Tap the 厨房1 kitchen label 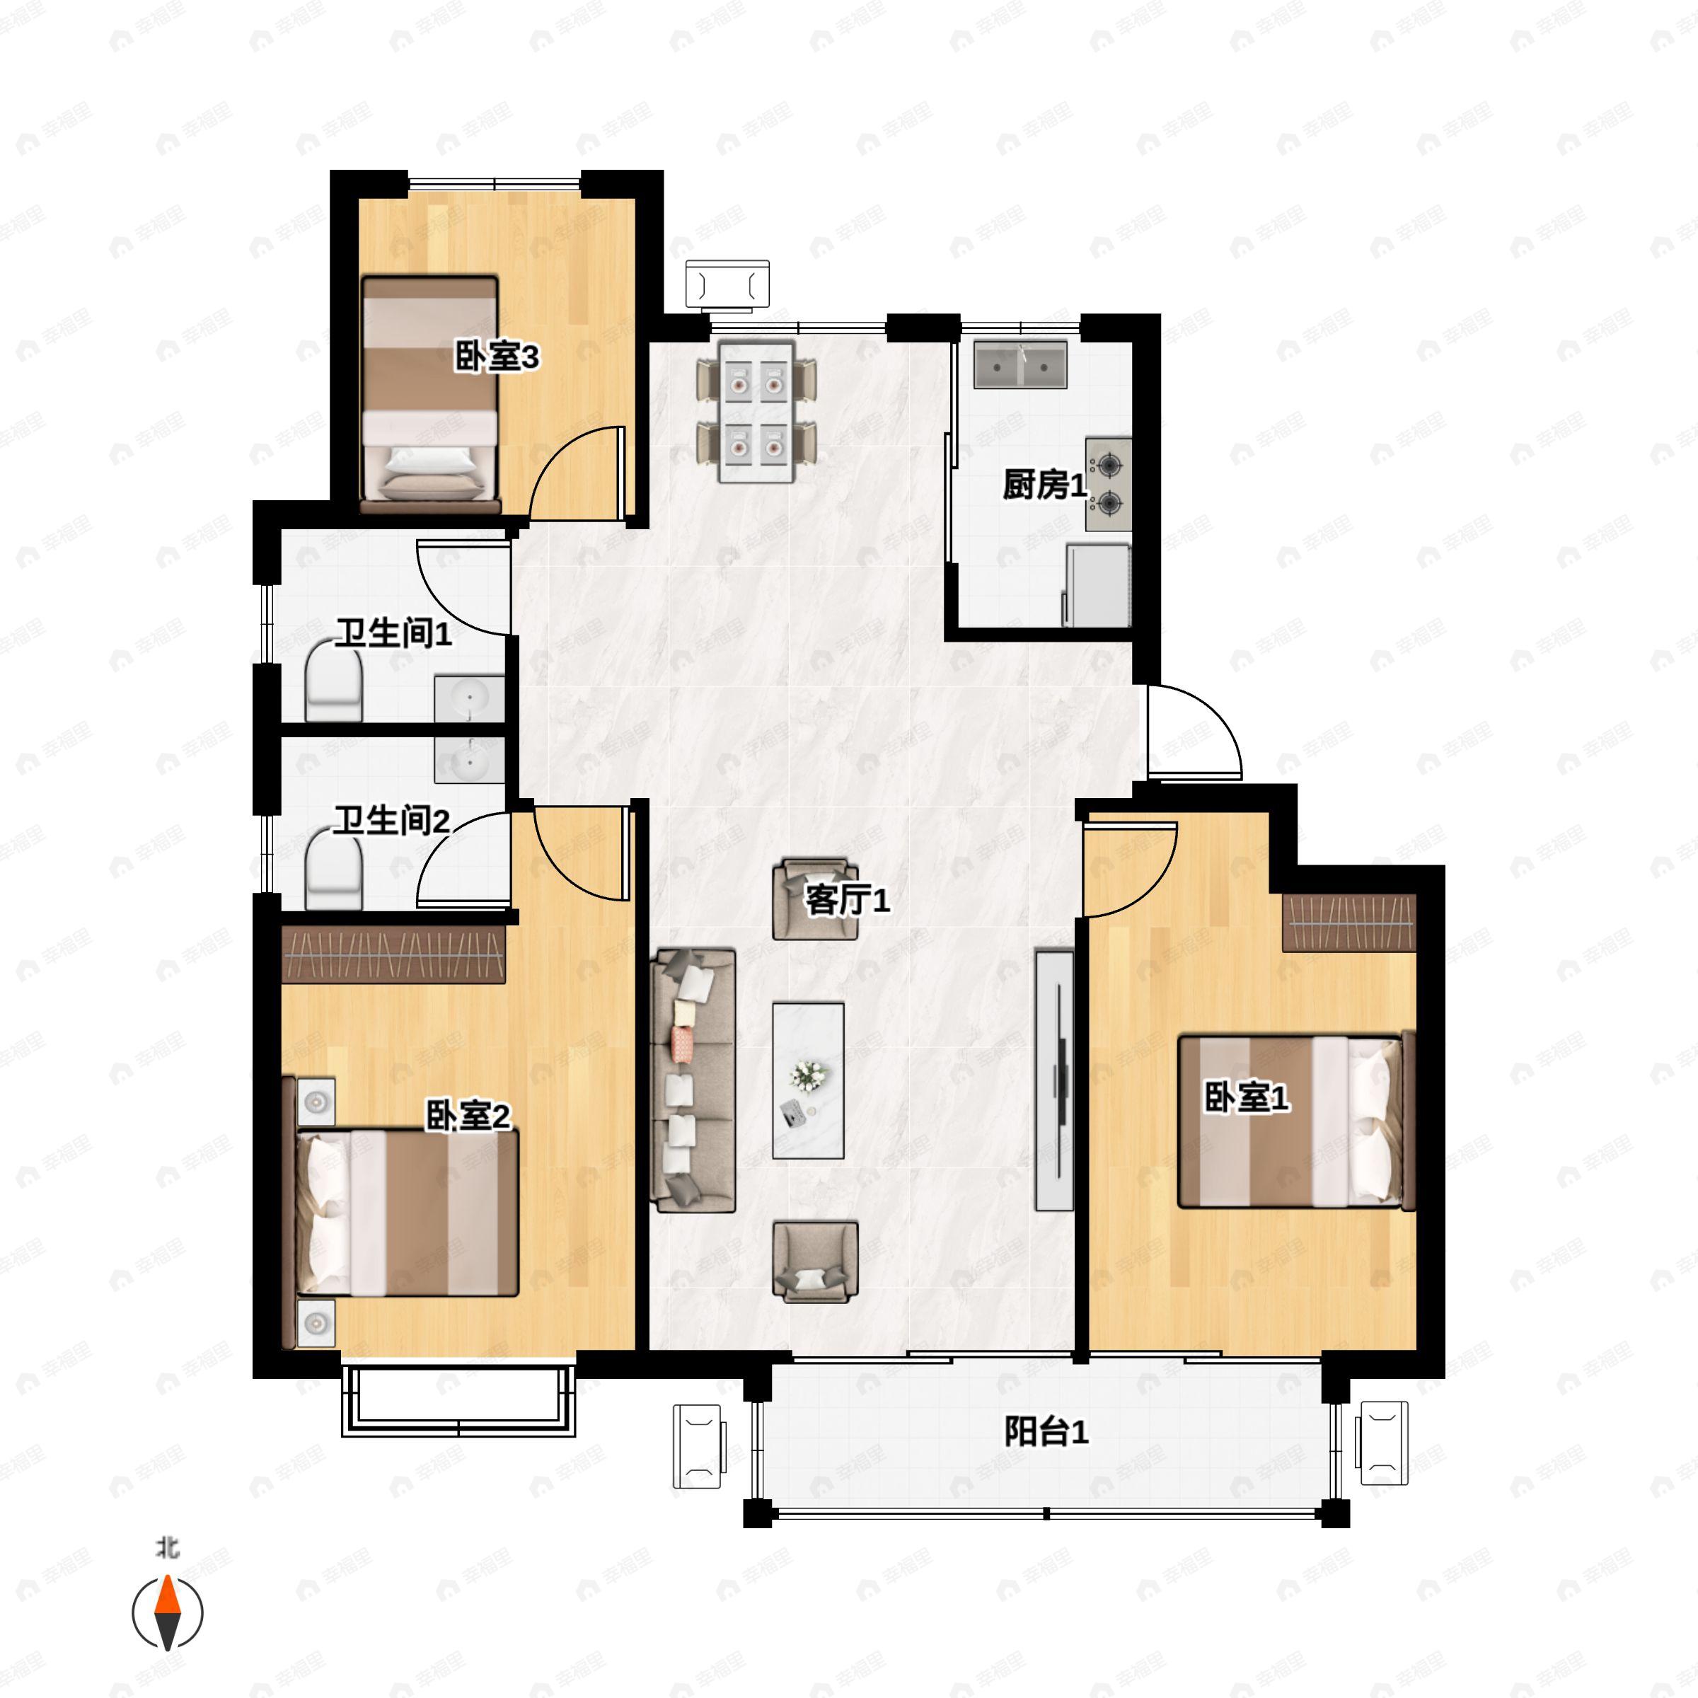point(1045,485)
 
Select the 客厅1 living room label point(848,900)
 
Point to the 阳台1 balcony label point(1046,1433)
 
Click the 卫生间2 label point(392,821)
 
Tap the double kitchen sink point(1020,365)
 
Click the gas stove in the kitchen point(1108,484)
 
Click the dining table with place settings point(757,412)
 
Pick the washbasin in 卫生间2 point(469,761)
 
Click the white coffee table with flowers point(809,1080)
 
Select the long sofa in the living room point(693,1080)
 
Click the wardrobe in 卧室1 point(1349,923)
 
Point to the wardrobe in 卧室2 point(394,954)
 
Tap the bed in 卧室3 point(431,395)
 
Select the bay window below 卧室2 point(458,1400)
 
